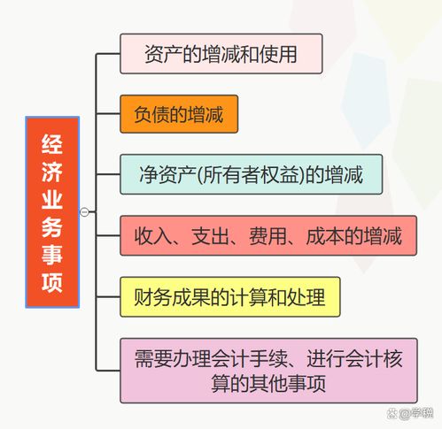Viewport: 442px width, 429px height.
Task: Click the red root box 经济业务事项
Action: click(52, 212)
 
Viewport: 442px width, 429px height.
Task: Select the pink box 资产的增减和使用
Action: click(221, 54)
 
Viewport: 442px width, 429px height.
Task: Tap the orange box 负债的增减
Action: click(179, 114)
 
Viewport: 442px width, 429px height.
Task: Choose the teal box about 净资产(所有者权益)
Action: click(252, 174)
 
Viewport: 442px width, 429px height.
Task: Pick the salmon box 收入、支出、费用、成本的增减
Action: click(268, 235)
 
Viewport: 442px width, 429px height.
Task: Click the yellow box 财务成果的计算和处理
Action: click(230, 297)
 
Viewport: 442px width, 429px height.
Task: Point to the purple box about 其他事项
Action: click(268, 371)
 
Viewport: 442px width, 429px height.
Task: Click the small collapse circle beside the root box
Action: click(84, 211)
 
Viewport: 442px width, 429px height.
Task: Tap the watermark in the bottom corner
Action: click(410, 413)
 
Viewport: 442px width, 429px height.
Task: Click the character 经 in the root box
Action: click(52, 144)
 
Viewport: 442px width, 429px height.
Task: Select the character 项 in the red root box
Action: click(52, 282)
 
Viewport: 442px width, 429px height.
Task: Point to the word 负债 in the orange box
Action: click(152, 114)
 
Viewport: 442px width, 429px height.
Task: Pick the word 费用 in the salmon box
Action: click(268, 236)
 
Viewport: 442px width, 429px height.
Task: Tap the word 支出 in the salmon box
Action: click(210, 236)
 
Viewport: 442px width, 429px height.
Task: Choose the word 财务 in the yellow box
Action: click(152, 297)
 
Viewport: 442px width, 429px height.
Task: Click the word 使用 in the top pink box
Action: click(278, 54)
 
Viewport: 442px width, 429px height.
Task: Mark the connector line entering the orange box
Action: click(108, 114)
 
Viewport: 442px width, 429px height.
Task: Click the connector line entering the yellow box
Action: click(108, 296)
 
